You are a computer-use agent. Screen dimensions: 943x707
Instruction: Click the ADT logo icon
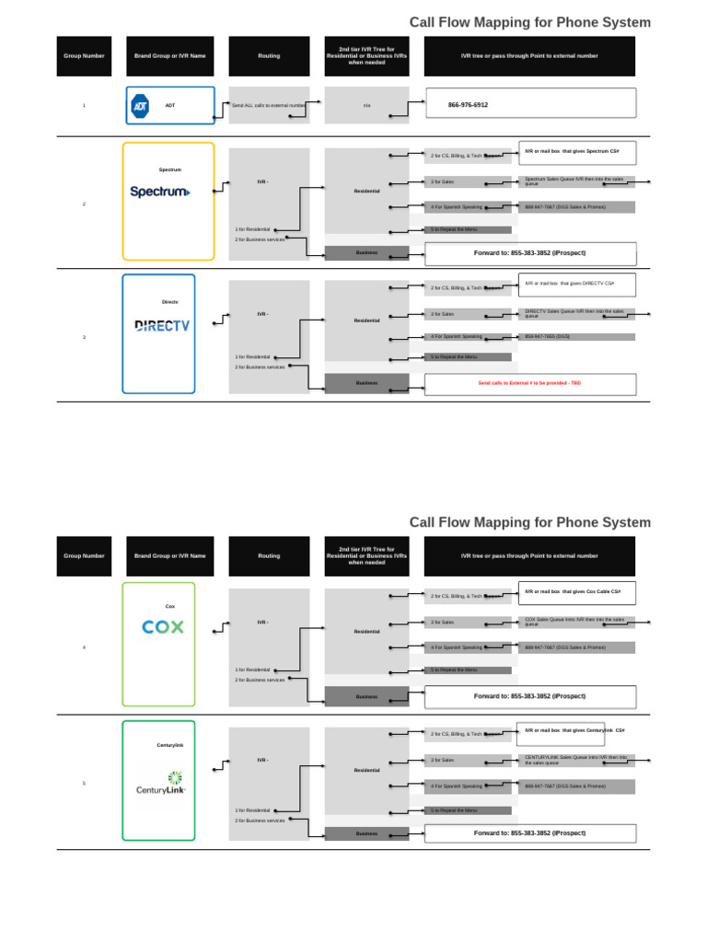tap(140, 106)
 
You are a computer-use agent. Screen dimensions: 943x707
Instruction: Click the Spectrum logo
tap(160, 192)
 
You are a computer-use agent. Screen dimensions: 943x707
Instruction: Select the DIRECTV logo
tap(162, 325)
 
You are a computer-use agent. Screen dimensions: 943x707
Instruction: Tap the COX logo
tap(163, 627)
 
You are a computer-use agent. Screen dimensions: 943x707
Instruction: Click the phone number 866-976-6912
tap(468, 105)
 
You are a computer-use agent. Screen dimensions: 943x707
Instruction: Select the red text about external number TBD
tap(529, 382)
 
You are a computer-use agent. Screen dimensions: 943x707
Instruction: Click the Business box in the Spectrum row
tap(366, 252)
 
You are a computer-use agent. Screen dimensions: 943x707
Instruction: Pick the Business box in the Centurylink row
tap(366, 833)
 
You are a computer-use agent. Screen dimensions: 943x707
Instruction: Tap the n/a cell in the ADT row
tap(366, 106)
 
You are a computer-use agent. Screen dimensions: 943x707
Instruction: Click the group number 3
tap(84, 337)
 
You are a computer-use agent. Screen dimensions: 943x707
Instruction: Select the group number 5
tap(84, 783)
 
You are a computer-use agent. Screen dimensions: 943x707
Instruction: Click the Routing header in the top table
tap(269, 56)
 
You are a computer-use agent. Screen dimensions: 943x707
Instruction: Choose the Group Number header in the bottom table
tap(84, 556)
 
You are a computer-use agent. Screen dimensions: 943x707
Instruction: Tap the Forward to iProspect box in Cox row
tap(529, 696)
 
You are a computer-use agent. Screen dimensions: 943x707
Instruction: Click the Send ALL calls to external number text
tap(269, 106)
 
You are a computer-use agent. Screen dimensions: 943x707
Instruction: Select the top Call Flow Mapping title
tap(529, 22)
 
